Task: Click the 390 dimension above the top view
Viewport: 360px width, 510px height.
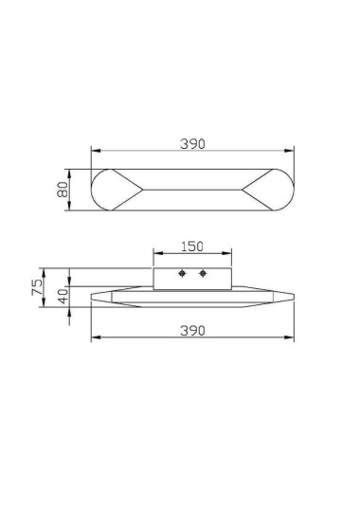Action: [x=192, y=143]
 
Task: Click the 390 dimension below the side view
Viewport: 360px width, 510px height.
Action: [x=192, y=330]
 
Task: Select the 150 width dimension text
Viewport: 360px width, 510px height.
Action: [x=192, y=246]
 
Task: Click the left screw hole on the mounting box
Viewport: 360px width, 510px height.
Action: [x=180, y=274]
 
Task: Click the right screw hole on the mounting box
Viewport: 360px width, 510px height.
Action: [x=203, y=274]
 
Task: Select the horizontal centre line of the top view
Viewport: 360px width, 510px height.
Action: [x=192, y=190]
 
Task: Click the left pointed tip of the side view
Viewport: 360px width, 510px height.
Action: [x=92, y=298]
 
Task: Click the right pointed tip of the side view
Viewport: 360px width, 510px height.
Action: [x=293, y=298]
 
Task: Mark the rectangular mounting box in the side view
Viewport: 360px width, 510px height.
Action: [x=192, y=278]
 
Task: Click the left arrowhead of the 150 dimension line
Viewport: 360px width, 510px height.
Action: [x=156, y=254]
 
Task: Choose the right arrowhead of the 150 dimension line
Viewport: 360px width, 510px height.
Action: [x=228, y=254]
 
